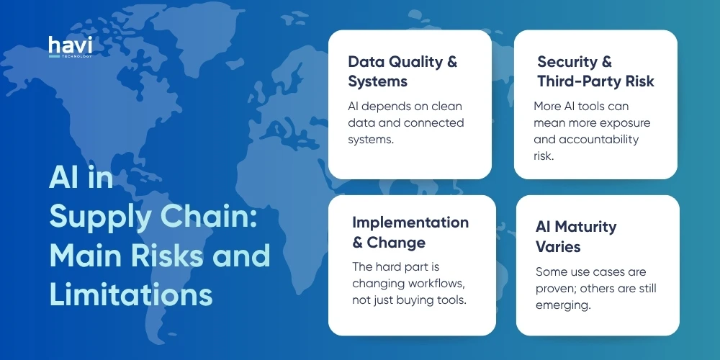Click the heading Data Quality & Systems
point(402,71)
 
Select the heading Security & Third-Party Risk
point(595,71)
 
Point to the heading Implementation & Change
point(410,232)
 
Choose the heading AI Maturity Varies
point(576,237)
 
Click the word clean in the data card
point(446,107)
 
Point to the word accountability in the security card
point(602,139)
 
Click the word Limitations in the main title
point(131,295)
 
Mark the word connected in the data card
point(433,122)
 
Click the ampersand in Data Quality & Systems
point(451,62)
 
